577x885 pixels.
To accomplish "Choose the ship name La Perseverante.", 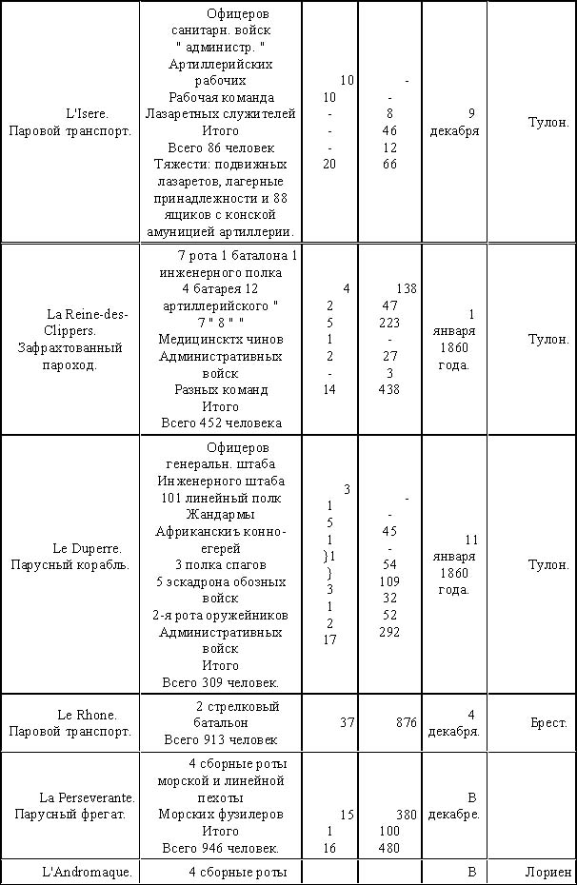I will pos(86,796).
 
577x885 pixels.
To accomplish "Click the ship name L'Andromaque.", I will pos(86,871).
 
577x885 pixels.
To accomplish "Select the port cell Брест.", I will pos(548,723).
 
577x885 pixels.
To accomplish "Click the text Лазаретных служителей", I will pos(221,114).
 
